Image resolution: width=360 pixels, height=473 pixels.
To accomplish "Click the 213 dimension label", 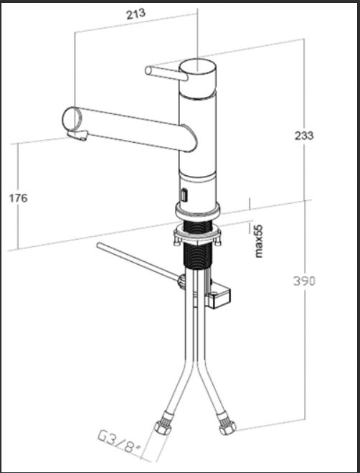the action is (136, 14).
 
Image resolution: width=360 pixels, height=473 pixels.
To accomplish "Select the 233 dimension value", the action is (304, 136).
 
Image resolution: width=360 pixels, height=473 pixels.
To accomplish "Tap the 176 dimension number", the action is (18, 198).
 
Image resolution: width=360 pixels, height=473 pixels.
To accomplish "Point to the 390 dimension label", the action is (304, 281).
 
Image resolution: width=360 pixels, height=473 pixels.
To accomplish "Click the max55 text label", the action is (259, 241).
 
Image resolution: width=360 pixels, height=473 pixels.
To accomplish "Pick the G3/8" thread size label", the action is (119, 442).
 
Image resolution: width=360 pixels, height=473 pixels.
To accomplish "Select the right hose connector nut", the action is (227, 426).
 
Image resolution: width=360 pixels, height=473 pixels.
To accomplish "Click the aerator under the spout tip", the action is (77, 135).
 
